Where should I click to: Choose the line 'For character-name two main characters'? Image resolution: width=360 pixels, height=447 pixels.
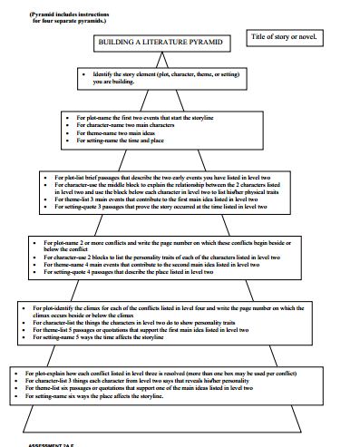pyautogui.click(x=136, y=125)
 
